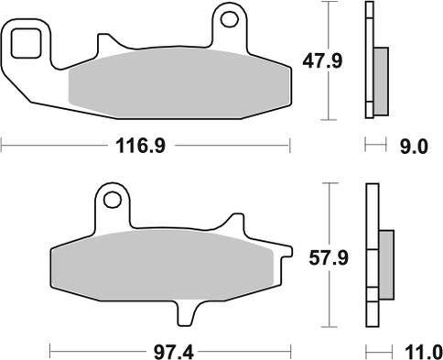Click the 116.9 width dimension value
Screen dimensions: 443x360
tap(141, 146)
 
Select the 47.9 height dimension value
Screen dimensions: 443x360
tap(323, 61)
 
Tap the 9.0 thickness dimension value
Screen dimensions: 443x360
tap(414, 147)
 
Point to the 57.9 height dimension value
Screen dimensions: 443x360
tap(329, 258)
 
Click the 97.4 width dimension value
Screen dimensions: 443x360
tap(174, 353)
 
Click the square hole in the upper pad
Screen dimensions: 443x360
tap(26, 43)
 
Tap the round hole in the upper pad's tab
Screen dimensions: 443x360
tap(229, 19)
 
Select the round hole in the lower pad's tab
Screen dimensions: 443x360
tap(112, 200)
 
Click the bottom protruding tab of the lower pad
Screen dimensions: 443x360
tap(186, 313)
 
